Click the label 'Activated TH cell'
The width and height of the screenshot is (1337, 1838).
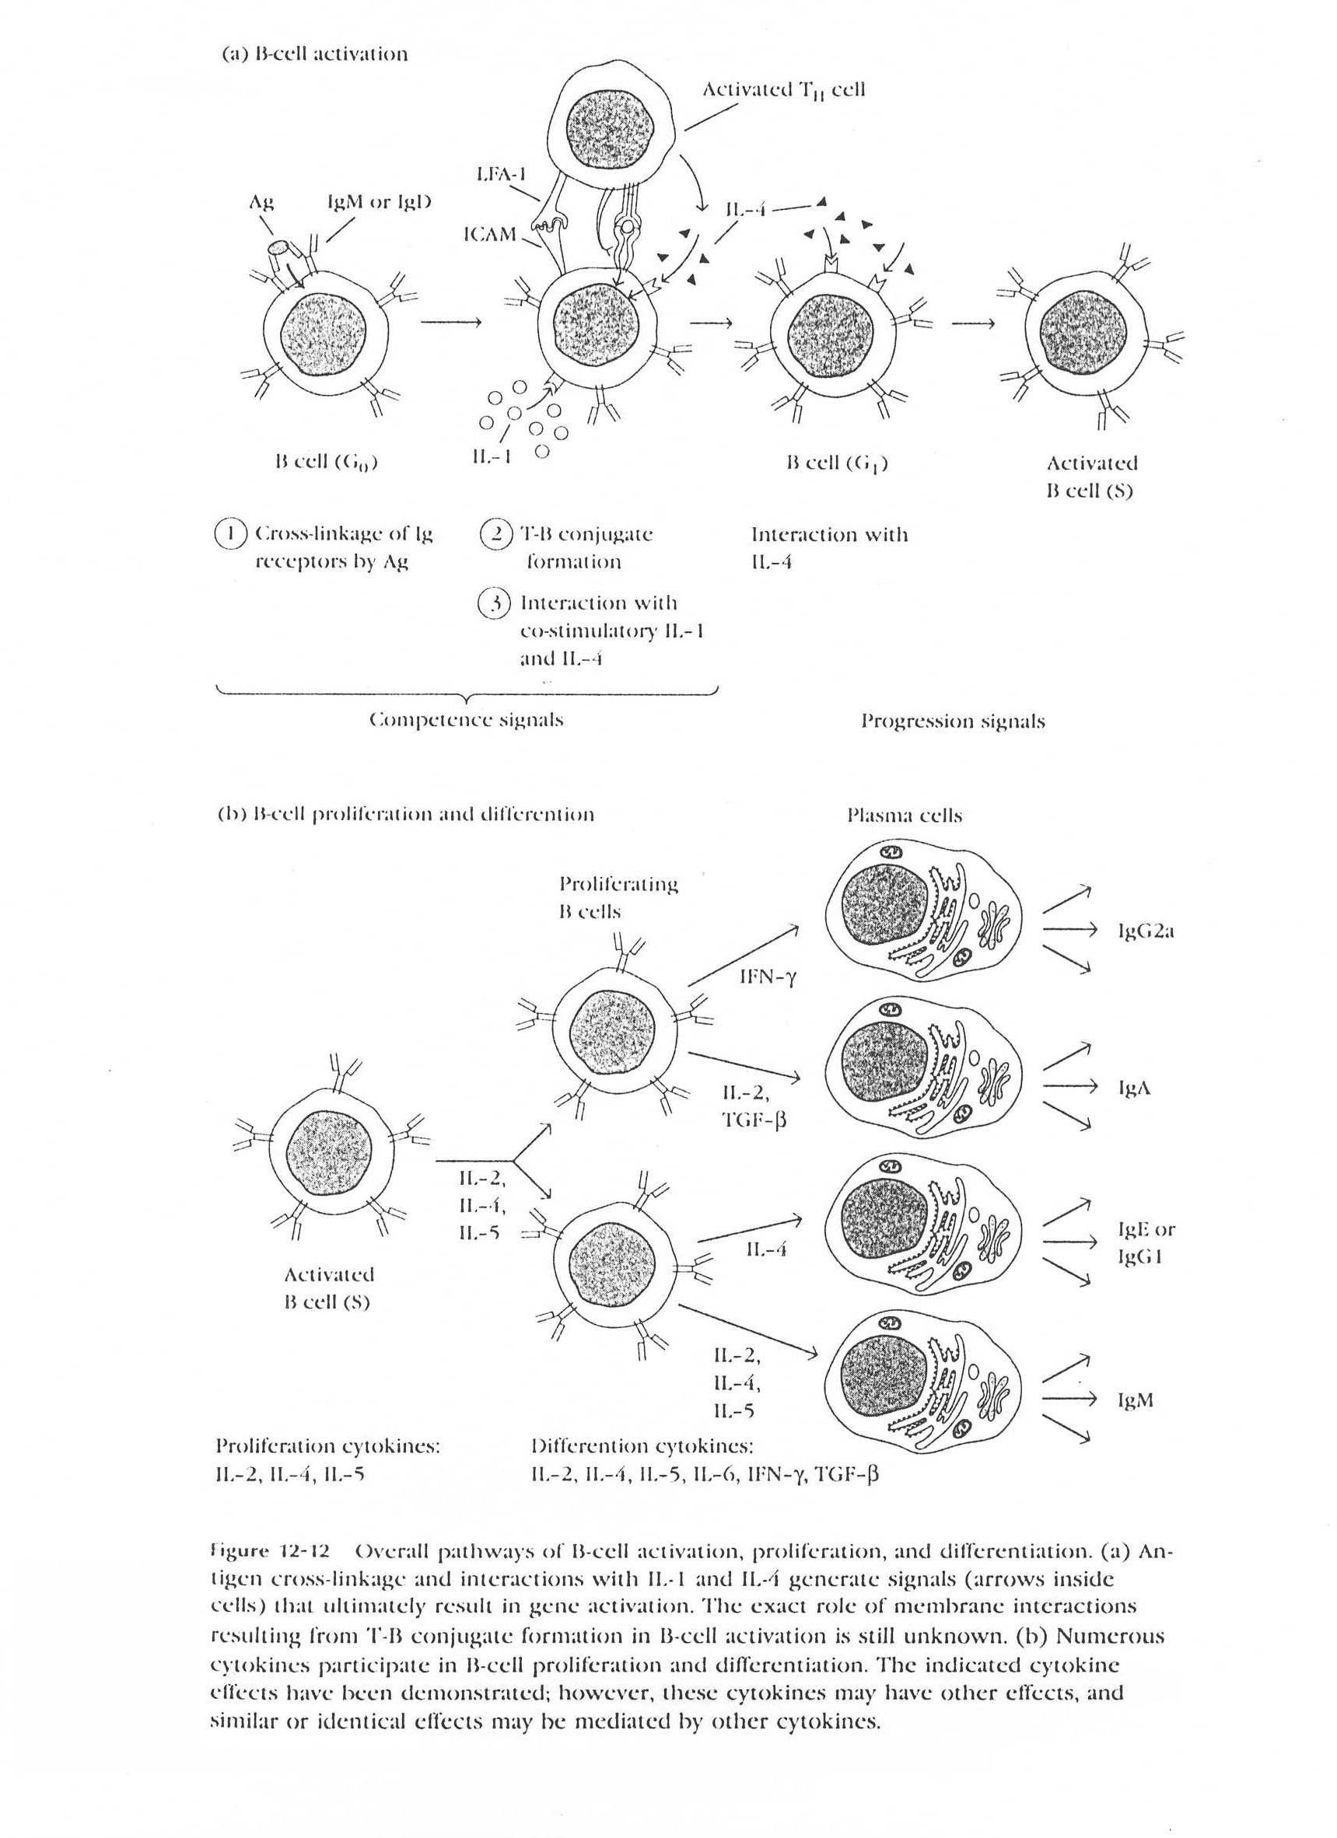pyautogui.click(x=783, y=89)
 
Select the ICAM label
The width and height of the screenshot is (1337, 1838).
pyautogui.click(x=490, y=234)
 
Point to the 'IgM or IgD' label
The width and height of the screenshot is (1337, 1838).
pyautogui.click(x=379, y=202)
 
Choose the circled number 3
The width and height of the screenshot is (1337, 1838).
pyautogui.click(x=495, y=604)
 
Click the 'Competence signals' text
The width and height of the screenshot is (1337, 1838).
pyautogui.click(x=465, y=720)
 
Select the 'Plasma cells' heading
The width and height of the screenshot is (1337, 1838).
pyautogui.click(x=904, y=816)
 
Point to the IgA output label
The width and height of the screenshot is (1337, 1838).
pyautogui.click(x=1133, y=1088)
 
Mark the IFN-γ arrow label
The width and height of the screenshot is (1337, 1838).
pyautogui.click(x=768, y=977)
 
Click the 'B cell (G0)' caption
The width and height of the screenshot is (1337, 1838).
pyautogui.click(x=327, y=463)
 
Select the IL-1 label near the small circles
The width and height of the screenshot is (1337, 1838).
pyautogui.click(x=492, y=457)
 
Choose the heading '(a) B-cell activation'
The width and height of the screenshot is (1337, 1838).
pyautogui.click(x=314, y=54)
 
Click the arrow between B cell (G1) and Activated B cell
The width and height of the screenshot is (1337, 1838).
pyautogui.click(x=973, y=323)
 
